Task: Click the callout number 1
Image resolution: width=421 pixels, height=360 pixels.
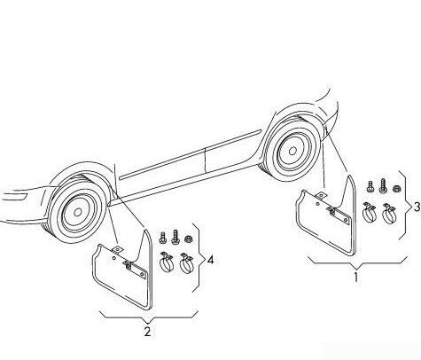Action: (356, 278)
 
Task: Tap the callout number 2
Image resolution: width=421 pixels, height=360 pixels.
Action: (147, 332)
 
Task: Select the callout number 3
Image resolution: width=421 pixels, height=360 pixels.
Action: (417, 207)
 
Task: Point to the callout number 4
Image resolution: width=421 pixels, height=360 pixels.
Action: (210, 260)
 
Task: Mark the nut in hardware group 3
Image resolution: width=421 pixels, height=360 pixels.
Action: (395, 188)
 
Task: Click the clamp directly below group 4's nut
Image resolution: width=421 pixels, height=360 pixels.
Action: (186, 262)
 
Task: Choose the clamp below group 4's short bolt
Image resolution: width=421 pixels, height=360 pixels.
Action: (167, 262)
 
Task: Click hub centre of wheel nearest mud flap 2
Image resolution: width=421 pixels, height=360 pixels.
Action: (78, 212)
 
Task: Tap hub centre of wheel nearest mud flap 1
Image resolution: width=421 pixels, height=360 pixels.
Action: (292, 151)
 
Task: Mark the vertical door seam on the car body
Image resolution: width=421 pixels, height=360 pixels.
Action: (205, 160)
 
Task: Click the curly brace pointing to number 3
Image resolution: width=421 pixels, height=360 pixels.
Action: (405, 205)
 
